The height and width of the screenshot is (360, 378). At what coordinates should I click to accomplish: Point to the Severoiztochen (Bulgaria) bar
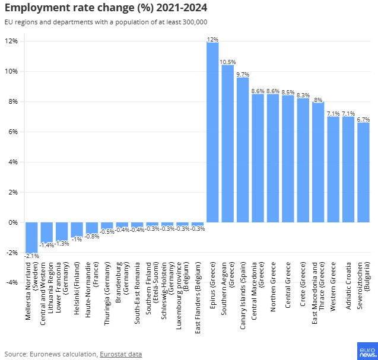point(363,172)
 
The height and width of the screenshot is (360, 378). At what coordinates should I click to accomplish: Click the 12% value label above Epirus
point(212,39)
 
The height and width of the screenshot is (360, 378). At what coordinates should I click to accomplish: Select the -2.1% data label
point(31,256)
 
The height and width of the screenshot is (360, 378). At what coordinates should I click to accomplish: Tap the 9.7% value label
point(243,75)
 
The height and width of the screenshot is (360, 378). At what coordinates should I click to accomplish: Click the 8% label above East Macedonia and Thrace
point(318,100)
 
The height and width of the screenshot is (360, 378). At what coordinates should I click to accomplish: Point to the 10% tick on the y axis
point(12,71)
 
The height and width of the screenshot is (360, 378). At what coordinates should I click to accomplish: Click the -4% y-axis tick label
point(12,282)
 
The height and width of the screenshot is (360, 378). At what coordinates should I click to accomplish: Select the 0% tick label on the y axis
point(13,222)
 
